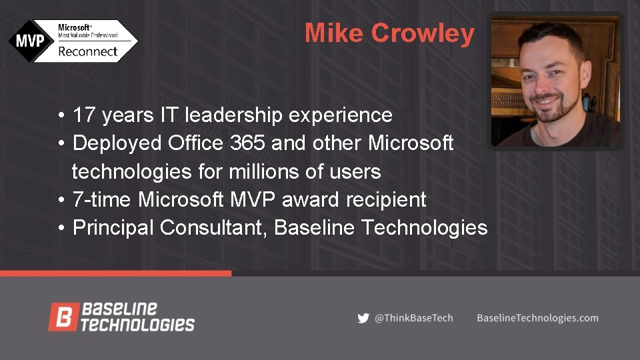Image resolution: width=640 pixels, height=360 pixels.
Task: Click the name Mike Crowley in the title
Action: point(389,33)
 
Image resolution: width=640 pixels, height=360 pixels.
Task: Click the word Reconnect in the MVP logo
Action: point(88,51)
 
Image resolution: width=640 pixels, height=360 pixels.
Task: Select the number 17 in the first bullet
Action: point(83,115)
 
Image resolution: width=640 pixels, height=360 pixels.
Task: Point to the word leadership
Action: point(235,115)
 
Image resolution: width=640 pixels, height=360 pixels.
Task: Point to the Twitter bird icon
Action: point(363,318)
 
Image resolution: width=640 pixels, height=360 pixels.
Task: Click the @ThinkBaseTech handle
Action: point(413,318)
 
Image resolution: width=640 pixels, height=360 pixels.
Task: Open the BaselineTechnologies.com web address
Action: point(537,318)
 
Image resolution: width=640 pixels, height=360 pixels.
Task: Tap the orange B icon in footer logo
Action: point(63,317)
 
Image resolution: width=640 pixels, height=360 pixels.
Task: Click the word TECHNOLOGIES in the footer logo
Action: point(137,325)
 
